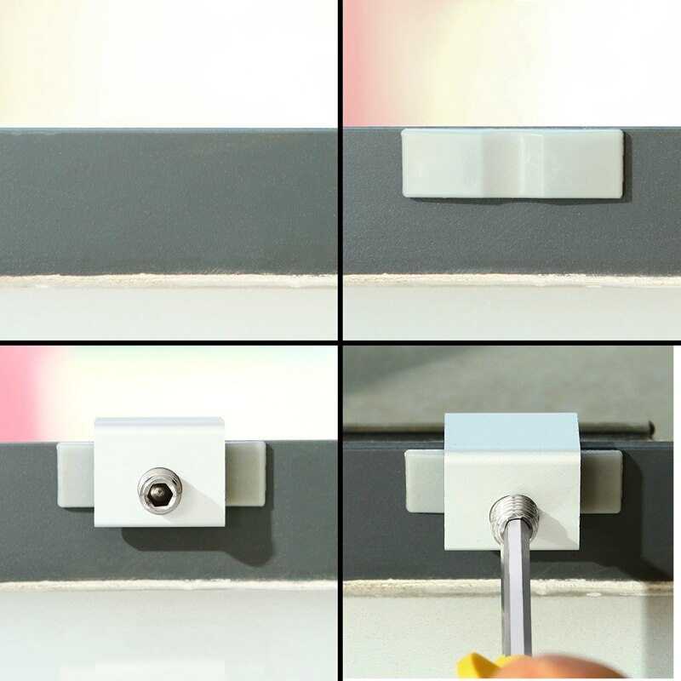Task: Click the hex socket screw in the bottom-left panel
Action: pos(161,490)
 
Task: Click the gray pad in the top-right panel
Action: pos(512,164)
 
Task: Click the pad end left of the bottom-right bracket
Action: pos(424,482)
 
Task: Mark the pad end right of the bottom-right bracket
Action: pos(601,481)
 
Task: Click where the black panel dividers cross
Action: pos(340,340)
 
